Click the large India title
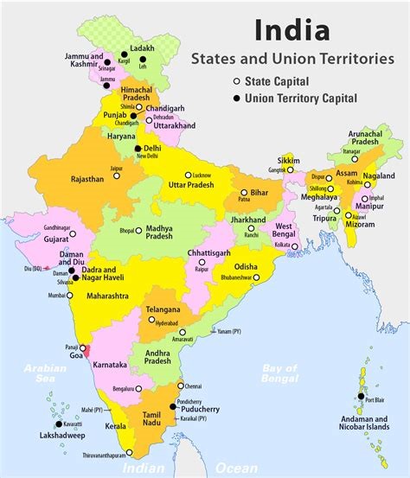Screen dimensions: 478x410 pyautogui.click(x=291, y=30)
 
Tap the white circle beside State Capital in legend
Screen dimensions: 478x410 pyautogui.click(x=235, y=81)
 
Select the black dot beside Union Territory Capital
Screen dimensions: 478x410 pyautogui.click(x=235, y=98)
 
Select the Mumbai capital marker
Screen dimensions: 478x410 pyautogui.click(x=72, y=296)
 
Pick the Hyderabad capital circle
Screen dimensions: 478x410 pyautogui.click(x=152, y=319)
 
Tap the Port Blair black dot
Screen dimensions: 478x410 pyautogui.click(x=361, y=396)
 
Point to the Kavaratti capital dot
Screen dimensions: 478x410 pyautogui.click(x=59, y=424)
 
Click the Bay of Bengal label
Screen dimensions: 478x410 pyautogui.click(x=280, y=373)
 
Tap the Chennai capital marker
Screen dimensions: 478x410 pyautogui.click(x=181, y=386)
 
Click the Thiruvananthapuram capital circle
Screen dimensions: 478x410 pyautogui.click(x=130, y=452)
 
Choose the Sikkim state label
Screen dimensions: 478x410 pyautogui.click(x=287, y=161)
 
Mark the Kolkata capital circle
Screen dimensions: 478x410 pyautogui.click(x=295, y=246)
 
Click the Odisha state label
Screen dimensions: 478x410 pyautogui.click(x=246, y=266)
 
